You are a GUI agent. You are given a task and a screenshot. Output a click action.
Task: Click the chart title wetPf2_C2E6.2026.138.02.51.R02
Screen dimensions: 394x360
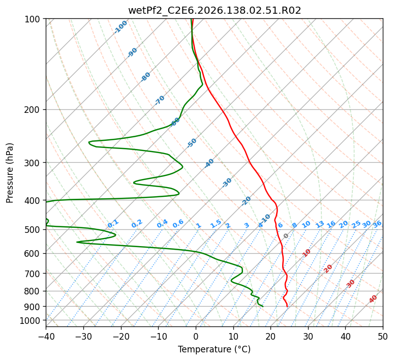tap(215, 11)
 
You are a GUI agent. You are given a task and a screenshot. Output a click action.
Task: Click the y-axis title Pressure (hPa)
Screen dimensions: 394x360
tap(10, 173)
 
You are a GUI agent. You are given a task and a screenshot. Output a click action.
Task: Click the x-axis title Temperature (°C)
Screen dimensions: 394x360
tap(215, 349)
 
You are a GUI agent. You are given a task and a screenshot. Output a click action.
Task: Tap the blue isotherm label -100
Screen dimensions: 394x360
tap(120, 27)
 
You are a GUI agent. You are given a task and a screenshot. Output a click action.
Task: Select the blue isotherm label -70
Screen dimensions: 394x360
tap(160, 100)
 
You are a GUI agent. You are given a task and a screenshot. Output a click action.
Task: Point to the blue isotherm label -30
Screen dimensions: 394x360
tap(227, 183)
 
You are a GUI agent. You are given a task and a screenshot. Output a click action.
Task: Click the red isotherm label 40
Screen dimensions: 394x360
tap(373, 299)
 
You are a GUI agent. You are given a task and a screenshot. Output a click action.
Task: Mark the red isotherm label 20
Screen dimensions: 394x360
tap(328, 269)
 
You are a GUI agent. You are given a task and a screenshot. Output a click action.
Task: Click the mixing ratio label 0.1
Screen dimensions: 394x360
tap(113, 223)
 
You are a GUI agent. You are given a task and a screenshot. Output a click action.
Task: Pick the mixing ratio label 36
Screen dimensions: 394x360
tap(377, 224)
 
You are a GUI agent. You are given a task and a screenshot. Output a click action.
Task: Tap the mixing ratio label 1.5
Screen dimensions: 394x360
tap(216, 224)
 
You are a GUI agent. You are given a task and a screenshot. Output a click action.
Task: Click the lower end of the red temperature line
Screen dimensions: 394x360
tap(287, 307)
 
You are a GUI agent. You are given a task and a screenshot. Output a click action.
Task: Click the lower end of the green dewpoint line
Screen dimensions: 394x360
tap(263, 307)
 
